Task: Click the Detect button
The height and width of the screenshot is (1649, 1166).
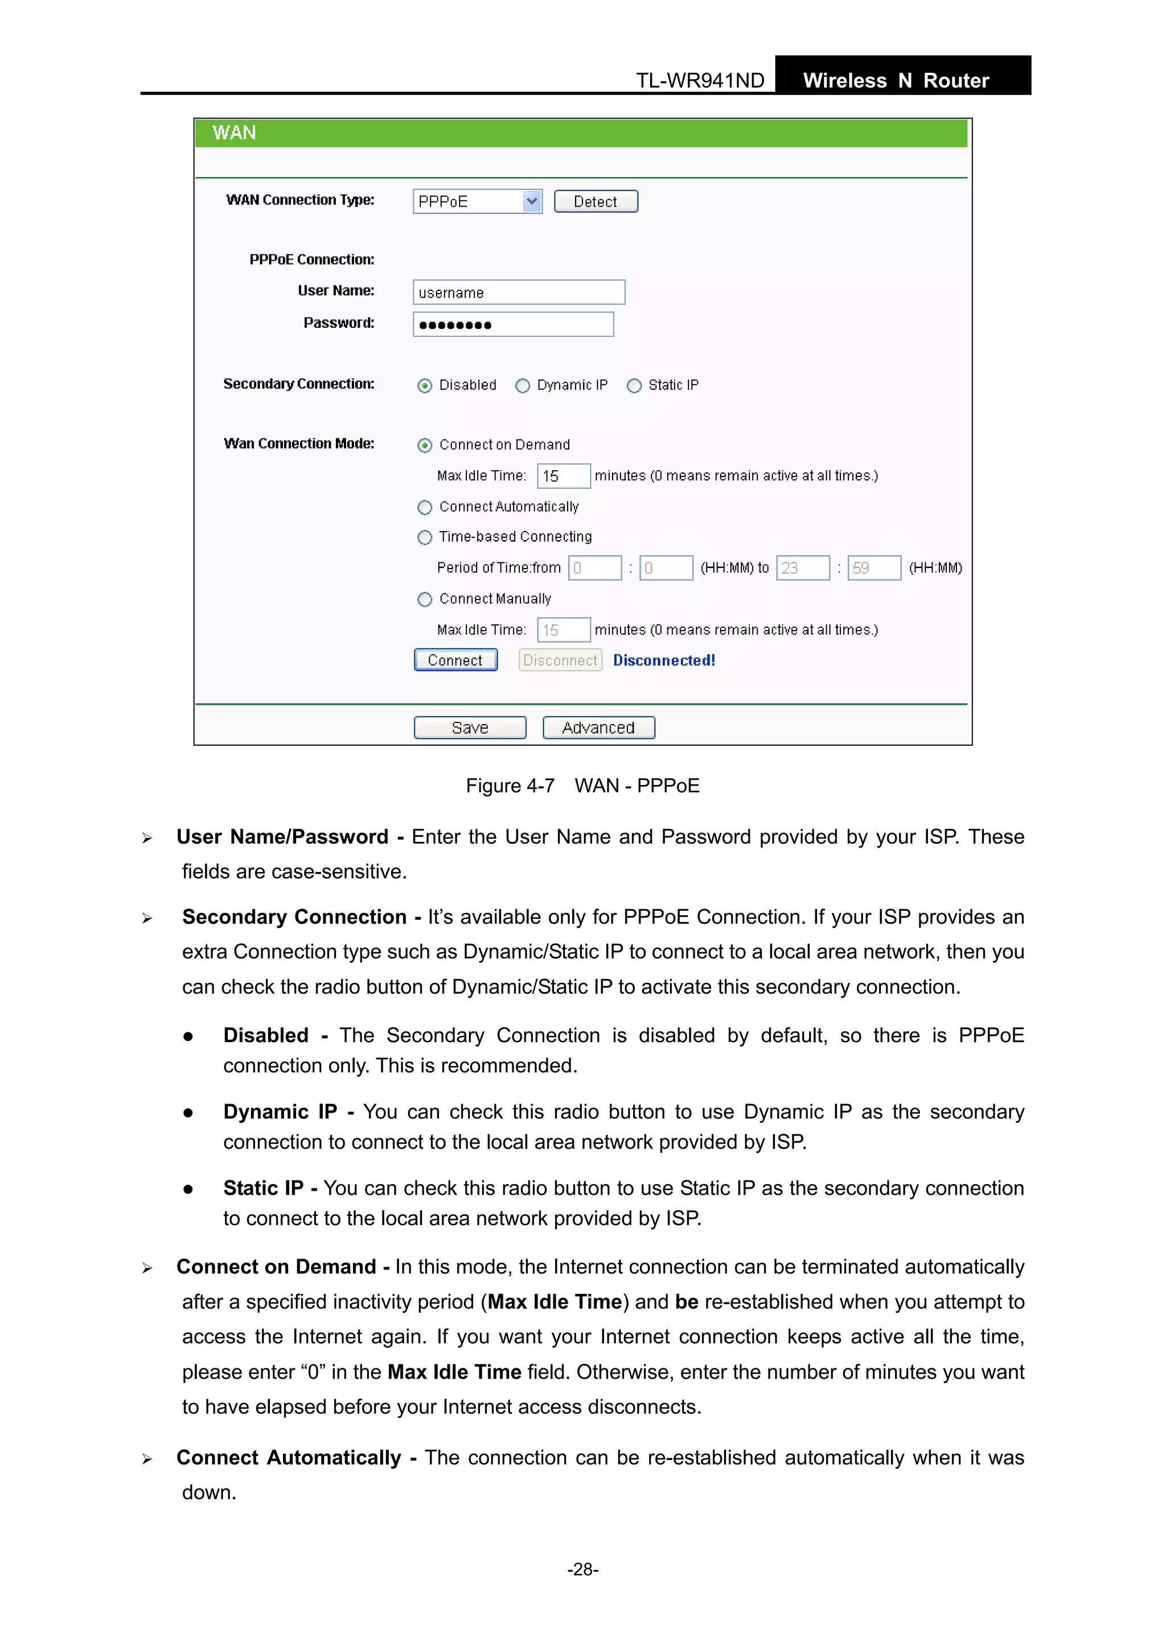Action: point(596,201)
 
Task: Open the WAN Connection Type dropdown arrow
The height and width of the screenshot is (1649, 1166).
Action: point(532,201)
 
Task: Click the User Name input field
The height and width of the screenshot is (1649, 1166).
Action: point(519,293)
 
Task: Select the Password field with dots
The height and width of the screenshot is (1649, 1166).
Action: point(513,324)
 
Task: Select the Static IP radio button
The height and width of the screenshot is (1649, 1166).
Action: point(634,386)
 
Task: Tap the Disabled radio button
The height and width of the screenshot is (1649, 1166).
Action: point(425,386)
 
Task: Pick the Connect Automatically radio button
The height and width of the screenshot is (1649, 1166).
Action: point(425,508)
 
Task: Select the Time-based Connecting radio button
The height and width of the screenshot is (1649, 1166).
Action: point(425,537)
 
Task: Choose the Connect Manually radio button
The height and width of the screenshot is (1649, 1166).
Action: point(425,599)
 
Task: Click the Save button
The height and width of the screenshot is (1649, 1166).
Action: point(470,727)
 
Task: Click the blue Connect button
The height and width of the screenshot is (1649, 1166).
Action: point(455,660)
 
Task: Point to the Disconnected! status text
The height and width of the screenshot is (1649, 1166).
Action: point(664,660)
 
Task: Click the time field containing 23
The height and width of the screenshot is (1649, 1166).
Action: point(802,568)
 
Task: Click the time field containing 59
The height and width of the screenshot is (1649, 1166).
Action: point(873,568)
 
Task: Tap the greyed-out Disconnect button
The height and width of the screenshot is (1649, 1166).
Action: point(560,660)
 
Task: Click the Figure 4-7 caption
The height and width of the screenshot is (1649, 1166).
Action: point(582,786)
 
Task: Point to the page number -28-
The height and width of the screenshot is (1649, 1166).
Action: point(582,1569)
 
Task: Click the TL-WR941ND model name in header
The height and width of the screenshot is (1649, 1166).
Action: point(700,80)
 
